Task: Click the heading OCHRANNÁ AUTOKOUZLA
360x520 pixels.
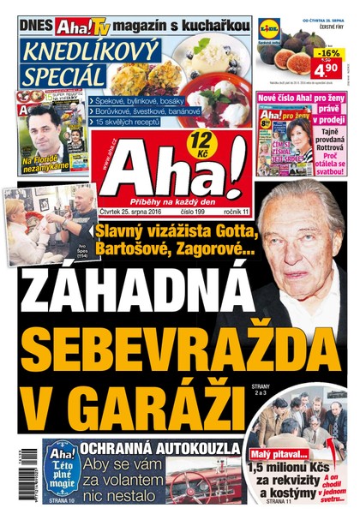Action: click(161, 447)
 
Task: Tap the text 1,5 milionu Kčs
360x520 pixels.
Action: click(289, 469)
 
